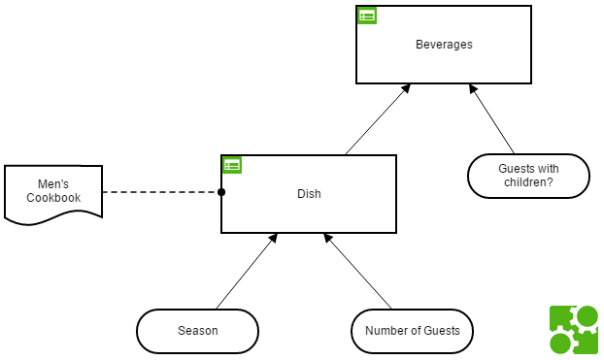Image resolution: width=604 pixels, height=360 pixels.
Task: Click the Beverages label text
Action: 444,45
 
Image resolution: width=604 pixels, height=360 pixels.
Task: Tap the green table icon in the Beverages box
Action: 367,16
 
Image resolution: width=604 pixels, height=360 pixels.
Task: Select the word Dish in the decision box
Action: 309,194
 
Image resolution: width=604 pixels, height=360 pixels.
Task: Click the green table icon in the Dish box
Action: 232,165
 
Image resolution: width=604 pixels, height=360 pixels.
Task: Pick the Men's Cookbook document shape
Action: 53,195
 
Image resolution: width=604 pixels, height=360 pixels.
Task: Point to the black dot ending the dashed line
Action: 221,192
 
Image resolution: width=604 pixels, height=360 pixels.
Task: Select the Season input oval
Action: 197,331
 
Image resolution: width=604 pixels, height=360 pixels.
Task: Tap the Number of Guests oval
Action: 412,331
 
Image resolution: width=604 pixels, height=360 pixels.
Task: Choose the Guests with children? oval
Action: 528,176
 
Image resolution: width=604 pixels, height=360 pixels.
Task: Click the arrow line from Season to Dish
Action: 247,271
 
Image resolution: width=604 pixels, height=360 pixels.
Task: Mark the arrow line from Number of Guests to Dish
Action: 357,271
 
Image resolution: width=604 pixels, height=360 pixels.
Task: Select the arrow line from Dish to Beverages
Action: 378,119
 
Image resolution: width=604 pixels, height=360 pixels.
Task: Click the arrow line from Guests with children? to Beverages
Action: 491,119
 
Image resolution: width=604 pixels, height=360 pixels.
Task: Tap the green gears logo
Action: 574,330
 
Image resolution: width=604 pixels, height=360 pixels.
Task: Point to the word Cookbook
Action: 53,198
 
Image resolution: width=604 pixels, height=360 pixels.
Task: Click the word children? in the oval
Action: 528,182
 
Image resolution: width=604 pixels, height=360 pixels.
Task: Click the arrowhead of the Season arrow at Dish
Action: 273,238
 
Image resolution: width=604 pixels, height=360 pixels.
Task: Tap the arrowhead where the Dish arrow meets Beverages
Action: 406,88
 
